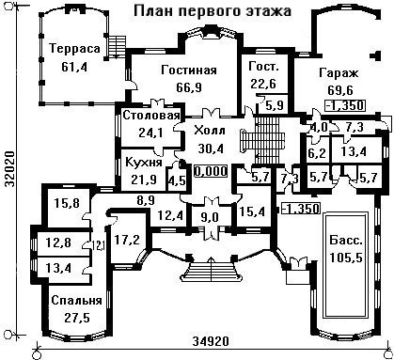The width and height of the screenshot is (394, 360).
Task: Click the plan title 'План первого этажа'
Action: click(213, 11)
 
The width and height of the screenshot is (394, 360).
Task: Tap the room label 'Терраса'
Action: click(75, 49)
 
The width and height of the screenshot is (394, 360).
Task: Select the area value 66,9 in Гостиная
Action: click(189, 87)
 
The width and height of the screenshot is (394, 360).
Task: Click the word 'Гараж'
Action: click(339, 73)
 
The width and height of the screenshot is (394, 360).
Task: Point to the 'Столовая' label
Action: click(151, 116)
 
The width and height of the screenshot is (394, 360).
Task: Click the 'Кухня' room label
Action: click(144, 163)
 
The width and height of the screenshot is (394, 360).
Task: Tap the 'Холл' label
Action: click(210, 131)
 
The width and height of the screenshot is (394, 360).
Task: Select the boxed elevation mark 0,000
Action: click(211, 171)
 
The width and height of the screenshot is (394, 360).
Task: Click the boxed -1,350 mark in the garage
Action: click(345, 105)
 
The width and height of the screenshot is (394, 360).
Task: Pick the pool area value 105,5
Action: click(346, 258)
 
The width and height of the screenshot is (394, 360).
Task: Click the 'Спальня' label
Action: click(76, 301)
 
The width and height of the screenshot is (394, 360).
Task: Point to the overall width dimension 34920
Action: click(211, 341)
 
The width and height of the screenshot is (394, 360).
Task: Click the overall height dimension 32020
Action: click(9, 169)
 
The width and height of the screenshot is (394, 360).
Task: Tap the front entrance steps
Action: click(212, 272)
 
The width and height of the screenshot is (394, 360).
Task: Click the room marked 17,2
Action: click(127, 240)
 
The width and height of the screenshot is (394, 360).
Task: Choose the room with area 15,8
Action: click(67, 204)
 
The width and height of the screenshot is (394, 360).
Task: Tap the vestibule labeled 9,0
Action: click(210, 217)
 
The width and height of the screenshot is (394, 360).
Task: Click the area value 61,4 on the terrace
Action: click(74, 67)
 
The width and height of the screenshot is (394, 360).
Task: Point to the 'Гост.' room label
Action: click(263, 67)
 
